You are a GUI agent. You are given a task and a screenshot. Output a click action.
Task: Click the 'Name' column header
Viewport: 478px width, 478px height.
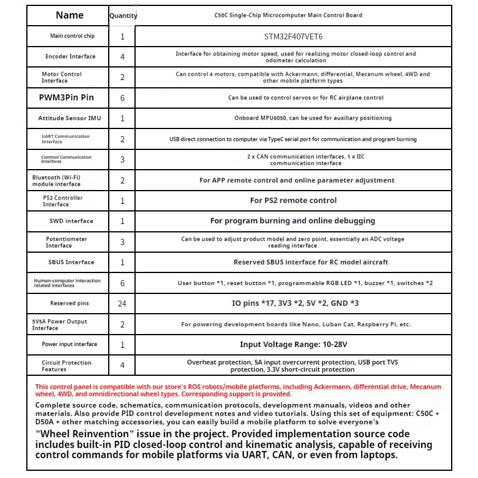tap(69, 16)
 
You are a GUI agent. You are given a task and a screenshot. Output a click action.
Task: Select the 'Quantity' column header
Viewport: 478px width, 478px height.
tap(123, 16)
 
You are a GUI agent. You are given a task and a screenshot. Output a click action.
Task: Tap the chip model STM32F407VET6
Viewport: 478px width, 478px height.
tap(293, 36)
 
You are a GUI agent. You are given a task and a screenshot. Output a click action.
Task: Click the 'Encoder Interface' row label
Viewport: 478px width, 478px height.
tap(70, 57)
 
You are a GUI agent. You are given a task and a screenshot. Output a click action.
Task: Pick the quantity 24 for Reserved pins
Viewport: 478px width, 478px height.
tap(122, 304)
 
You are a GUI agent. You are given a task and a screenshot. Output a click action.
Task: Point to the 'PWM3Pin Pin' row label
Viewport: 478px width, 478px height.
tap(66, 97)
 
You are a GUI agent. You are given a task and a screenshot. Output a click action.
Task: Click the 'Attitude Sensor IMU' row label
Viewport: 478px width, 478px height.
tap(69, 118)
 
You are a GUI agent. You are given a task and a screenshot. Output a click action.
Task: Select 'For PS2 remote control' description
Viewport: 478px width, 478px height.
tap(293, 201)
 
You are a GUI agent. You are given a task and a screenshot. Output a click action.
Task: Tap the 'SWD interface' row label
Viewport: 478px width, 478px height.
tap(71, 221)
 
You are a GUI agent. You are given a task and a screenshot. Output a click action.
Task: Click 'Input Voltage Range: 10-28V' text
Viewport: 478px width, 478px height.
tap(293, 345)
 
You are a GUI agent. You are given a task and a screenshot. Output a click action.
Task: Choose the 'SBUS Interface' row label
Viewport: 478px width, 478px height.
tap(71, 262)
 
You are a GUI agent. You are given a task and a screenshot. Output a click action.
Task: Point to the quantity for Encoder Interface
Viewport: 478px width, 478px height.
tap(122, 57)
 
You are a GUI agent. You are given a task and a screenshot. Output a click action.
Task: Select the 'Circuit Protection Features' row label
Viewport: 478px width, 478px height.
tap(66, 366)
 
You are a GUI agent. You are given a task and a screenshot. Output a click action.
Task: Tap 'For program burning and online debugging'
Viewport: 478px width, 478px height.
tap(293, 221)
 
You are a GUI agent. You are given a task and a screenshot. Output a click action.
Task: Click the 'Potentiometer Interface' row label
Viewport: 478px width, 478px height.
tap(66, 242)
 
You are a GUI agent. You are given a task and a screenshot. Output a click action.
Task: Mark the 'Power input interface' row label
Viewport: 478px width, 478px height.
tap(69, 345)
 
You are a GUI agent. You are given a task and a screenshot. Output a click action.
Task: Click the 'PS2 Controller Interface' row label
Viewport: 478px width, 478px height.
tap(63, 201)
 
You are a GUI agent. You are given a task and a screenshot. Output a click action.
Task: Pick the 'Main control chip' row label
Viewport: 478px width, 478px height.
tap(72, 36)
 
